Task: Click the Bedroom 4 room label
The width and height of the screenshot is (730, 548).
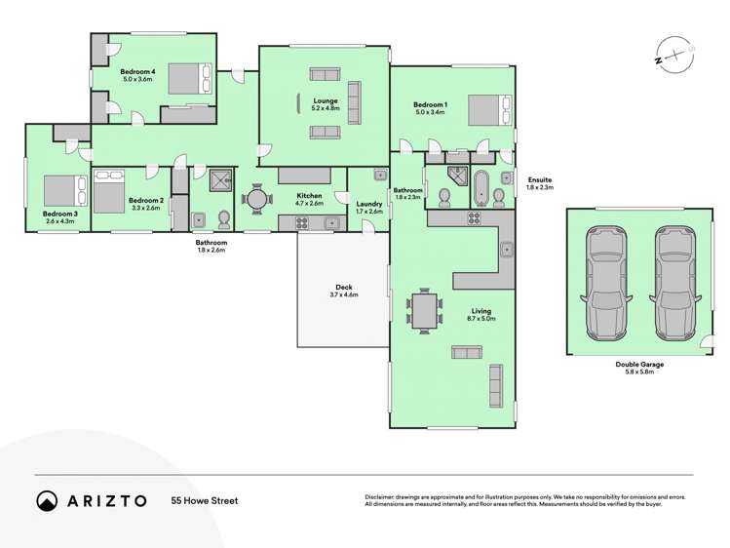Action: pyautogui.click(x=136, y=72)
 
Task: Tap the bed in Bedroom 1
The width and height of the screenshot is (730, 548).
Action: pyautogui.click(x=486, y=109)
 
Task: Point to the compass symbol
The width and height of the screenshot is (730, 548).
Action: pyautogui.click(x=672, y=58)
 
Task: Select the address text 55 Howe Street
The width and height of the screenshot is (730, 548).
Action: pyautogui.click(x=205, y=500)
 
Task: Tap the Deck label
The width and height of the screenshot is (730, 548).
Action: pyautogui.click(x=344, y=287)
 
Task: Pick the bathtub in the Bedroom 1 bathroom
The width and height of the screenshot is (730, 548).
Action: pyautogui.click(x=481, y=186)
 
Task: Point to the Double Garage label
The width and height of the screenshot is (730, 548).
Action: pyautogui.click(x=639, y=364)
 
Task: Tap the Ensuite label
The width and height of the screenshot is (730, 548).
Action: pyautogui.click(x=539, y=179)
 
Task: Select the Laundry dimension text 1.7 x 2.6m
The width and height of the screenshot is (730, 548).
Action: pyautogui.click(x=369, y=212)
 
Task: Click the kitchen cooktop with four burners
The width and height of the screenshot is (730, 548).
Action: pyautogui.click(x=302, y=222)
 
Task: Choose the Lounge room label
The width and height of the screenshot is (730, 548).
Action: pyautogui.click(x=325, y=99)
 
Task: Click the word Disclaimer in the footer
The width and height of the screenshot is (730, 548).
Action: pyautogui.click(x=382, y=496)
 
